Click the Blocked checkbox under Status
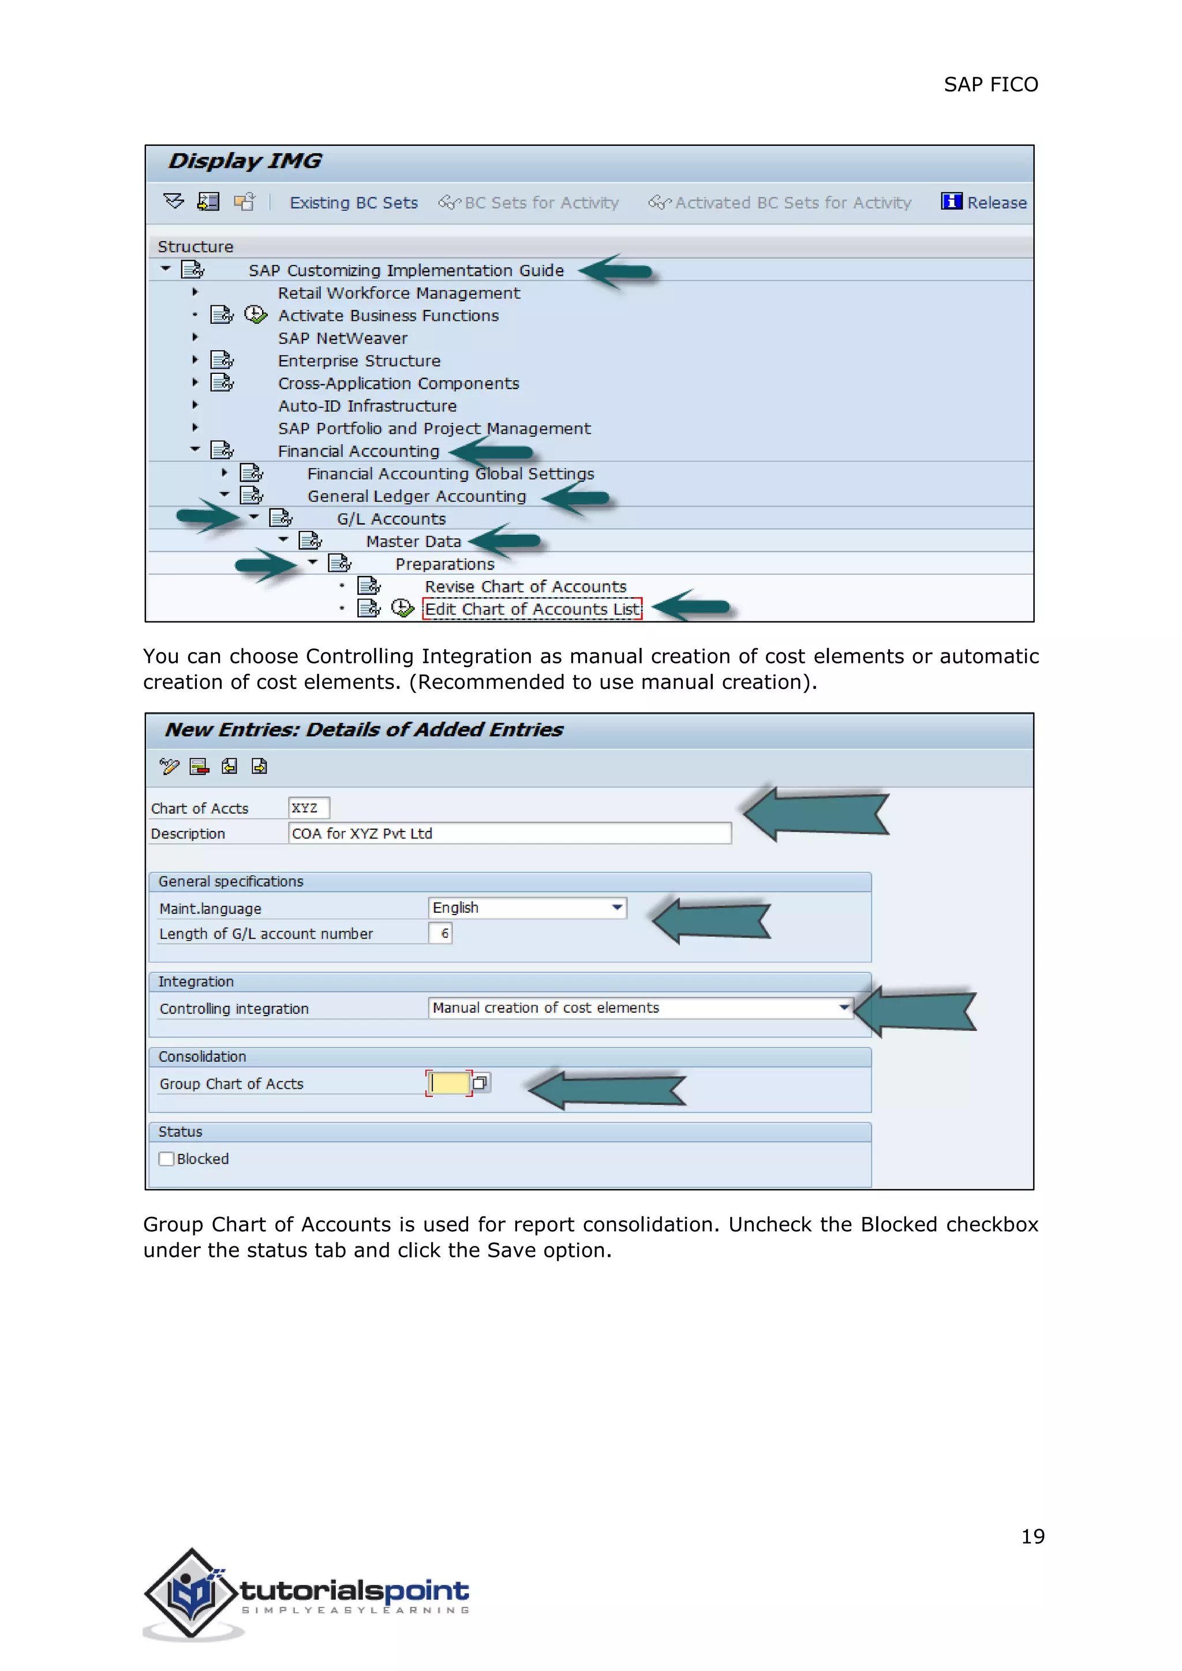coord(167,1159)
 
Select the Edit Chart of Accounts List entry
coord(532,609)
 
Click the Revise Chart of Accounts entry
coord(525,587)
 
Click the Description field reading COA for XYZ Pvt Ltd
coord(510,833)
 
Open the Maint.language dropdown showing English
coord(616,908)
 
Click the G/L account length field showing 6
coord(441,933)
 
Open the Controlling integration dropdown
coord(843,1008)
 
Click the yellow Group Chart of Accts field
coord(448,1083)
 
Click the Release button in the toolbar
coord(984,203)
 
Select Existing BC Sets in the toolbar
coord(354,203)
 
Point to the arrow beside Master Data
coord(506,541)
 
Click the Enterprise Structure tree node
coord(359,361)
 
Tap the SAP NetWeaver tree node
coord(342,339)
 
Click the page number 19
coord(1032,1537)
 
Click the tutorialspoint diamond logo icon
coord(192,1593)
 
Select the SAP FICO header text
coord(990,84)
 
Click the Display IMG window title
coord(245,161)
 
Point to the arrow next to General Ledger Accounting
coord(577,499)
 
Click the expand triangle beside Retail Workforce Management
coord(194,293)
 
